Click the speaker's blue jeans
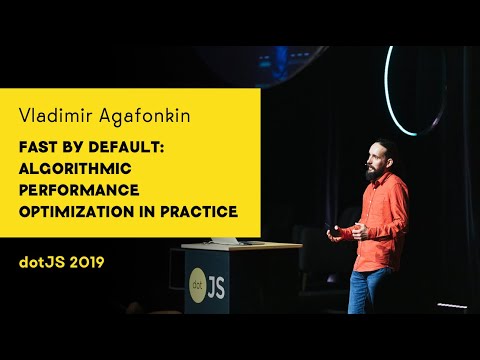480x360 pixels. point(371,290)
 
